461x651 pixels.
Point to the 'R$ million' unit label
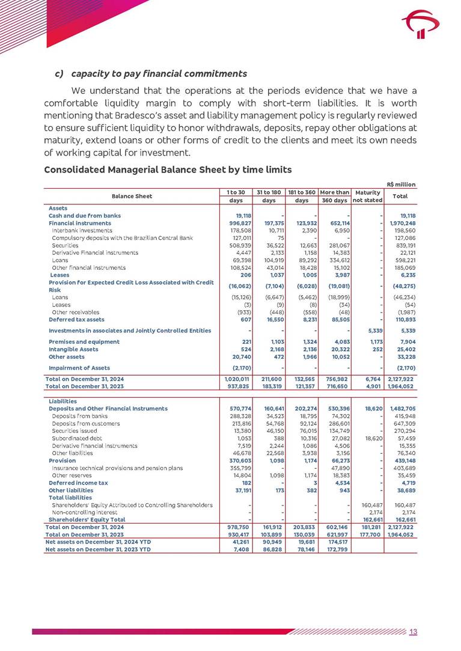(x=400, y=185)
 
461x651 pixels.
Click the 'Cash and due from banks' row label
(x=85, y=215)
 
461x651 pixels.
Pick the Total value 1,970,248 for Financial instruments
(x=400, y=223)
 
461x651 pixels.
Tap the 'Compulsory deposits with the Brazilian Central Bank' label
(x=122, y=238)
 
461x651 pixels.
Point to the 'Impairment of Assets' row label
(x=79, y=367)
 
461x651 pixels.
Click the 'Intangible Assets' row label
(x=73, y=349)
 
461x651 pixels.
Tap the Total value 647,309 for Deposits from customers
(x=404, y=424)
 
